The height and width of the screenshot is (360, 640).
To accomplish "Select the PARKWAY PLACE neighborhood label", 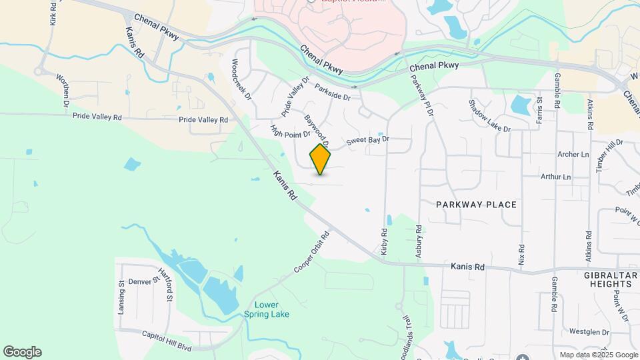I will [476, 205].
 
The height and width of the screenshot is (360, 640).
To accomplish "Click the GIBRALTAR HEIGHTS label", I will [607, 279].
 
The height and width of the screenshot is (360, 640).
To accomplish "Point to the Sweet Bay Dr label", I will [367, 141].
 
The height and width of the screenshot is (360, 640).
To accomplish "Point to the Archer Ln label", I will [573, 155].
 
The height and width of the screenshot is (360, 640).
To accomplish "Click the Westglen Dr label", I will [589, 331].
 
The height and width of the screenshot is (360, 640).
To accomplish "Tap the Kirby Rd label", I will [384, 241].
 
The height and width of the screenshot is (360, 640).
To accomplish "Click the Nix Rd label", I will [521, 252].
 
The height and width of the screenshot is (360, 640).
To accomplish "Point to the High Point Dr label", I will [290, 131].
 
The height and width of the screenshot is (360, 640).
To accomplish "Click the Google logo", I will [22, 352].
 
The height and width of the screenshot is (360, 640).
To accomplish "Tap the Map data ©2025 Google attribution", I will [598, 355].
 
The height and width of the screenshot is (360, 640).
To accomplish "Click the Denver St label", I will [144, 282].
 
